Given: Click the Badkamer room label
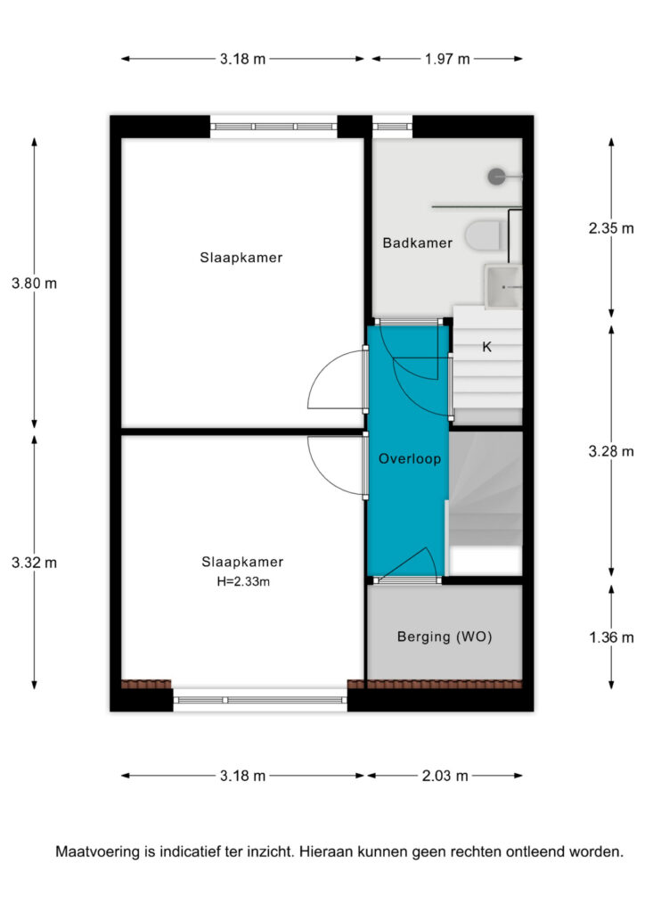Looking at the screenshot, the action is pos(417,243).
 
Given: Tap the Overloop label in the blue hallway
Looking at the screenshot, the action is pos(410,459).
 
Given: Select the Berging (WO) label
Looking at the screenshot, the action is pos(445,637).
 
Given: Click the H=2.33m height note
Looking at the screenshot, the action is pos(243,581).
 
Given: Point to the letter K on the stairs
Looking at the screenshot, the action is pos(486,347).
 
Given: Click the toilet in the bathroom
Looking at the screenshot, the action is pos(485,235).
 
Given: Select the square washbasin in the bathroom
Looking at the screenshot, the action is pos(503,285).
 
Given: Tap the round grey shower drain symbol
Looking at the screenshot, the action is pos(497,177).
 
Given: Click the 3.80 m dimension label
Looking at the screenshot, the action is pos(35,284).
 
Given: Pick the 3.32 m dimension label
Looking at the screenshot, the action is pos(35,563).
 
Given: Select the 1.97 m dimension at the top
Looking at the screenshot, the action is pos(446,59).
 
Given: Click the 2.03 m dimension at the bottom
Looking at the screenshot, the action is pos(445,776).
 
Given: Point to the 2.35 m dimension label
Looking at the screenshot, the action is pos(610,228).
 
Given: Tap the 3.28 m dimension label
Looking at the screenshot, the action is pos(610,451).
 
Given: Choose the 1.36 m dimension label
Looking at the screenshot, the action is pos(610,637).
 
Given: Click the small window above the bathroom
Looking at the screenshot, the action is pos(392,127).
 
